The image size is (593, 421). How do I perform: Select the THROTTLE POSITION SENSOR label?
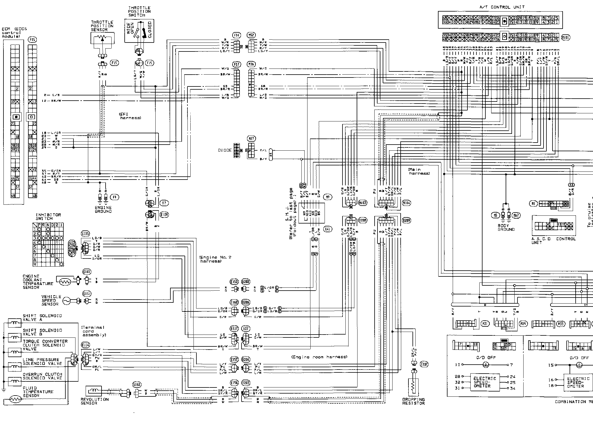click(102, 26)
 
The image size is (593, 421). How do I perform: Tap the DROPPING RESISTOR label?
click(413, 401)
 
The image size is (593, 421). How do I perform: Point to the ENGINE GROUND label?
click(103, 209)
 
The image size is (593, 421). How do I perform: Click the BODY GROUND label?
click(506, 227)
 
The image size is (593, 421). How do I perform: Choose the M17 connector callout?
click(252, 139)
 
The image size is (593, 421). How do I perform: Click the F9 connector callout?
click(115, 197)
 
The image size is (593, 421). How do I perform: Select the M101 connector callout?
click(566, 38)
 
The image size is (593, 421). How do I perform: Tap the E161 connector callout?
click(137, 385)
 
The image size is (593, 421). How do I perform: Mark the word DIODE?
click(225, 150)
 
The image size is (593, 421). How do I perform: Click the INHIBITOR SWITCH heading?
click(48, 217)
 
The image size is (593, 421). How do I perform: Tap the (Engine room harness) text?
click(319, 357)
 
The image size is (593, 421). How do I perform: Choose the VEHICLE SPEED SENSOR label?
click(51, 300)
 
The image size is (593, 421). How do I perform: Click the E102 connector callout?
click(87, 272)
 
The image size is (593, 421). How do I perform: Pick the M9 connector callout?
click(328, 197)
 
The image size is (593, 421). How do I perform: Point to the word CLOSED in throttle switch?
click(150, 30)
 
